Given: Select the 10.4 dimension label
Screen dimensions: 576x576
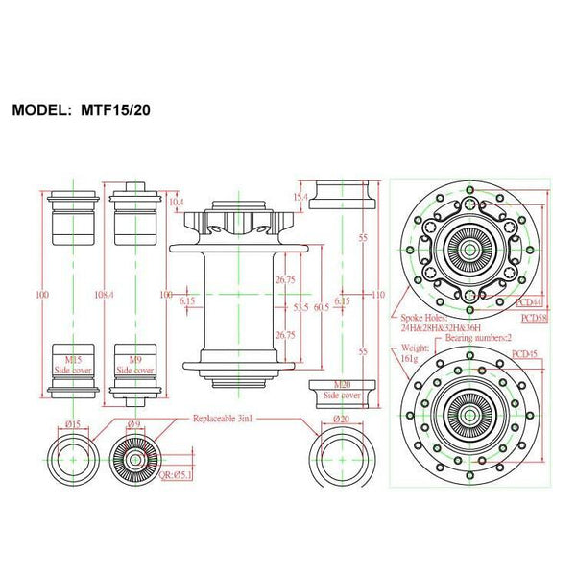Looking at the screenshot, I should tap(176, 203).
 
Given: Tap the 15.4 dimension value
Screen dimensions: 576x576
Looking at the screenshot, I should tap(300, 198).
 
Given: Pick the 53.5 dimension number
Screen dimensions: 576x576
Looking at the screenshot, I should tap(300, 307).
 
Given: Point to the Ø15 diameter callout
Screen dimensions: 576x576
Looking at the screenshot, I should tap(72, 424).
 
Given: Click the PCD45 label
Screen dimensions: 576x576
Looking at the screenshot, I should tap(526, 353).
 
